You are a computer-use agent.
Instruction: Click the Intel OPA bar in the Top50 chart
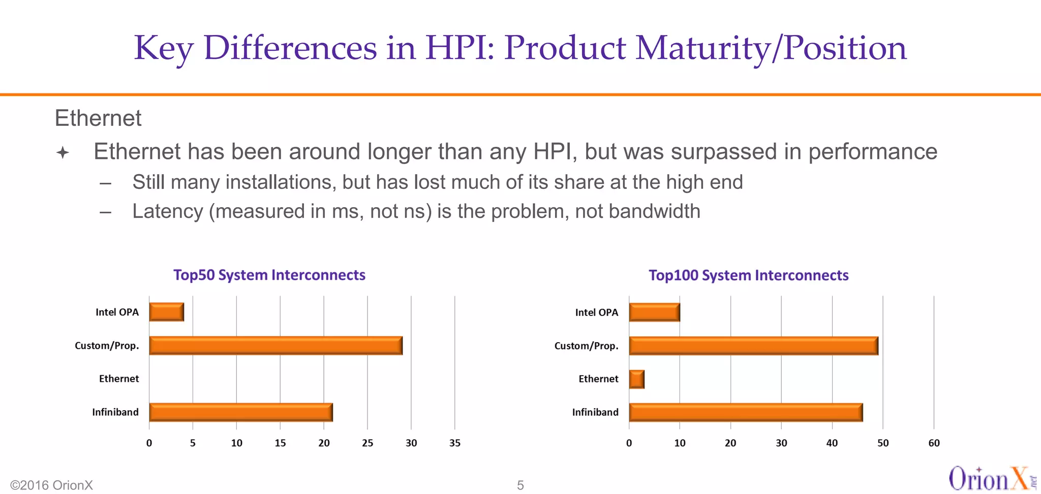coord(166,312)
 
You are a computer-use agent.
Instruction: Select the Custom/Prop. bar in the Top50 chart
coord(275,346)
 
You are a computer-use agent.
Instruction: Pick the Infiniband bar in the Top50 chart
coord(240,412)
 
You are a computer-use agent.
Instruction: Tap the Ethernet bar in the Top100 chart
coord(636,379)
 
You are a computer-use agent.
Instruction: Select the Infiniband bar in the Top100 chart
coord(746,412)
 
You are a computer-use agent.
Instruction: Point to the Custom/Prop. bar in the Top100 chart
coord(753,346)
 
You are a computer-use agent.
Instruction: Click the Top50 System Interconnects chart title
coord(269,275)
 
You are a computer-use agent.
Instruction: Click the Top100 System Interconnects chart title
coord(748,276)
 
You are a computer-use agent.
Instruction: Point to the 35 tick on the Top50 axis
coord(455,443)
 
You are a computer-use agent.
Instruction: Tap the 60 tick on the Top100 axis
coord(934,443)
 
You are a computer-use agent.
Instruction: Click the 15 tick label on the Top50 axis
coord(280,443)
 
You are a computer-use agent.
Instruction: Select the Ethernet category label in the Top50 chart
coord(118,379)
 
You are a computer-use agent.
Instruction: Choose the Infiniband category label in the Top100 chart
coord(595,412)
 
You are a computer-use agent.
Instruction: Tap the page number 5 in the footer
coord(520,485)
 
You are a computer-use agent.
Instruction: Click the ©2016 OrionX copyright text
coord(51,485)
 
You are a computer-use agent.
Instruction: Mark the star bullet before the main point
coord(63,152)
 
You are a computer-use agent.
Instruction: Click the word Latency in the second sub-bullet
coord(167,212)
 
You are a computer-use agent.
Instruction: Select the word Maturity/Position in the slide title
coord(771,48)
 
